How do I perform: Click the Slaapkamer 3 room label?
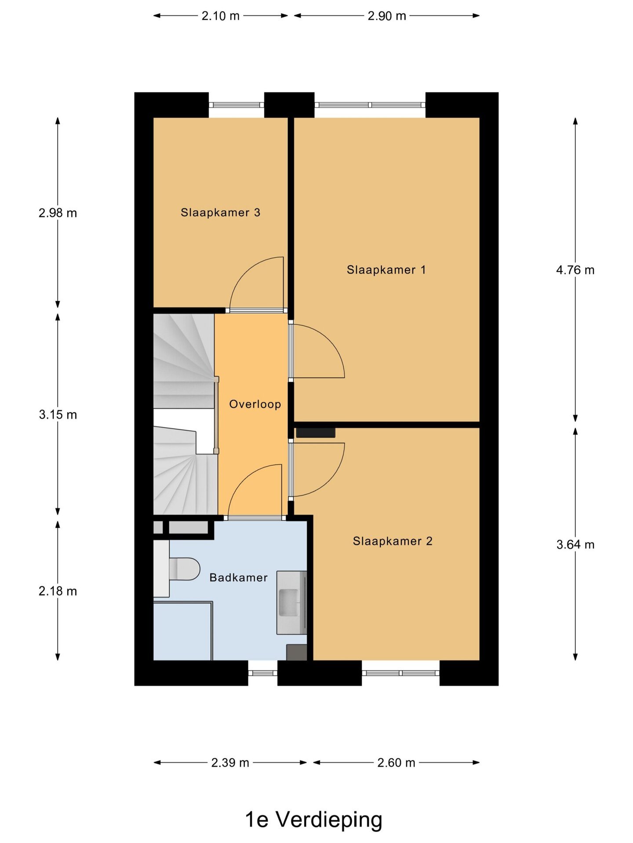pos(220,213)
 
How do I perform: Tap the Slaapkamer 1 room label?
pos(386,270)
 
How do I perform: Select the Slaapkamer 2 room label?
pos(393,541)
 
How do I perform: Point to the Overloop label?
pos(255,404)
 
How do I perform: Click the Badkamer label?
pos(238,577)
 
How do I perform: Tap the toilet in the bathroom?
pos(184,569)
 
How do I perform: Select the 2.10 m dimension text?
pos(221,16)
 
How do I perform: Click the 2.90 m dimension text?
pos(387,16)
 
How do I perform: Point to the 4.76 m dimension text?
pos(575,270)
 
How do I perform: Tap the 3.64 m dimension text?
pos(575,544)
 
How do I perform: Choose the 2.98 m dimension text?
pos(58,213)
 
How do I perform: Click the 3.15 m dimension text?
pos(58,414)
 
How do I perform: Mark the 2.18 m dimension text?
pos(58,591)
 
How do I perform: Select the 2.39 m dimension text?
pos(230,763)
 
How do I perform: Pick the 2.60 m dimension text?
pos(396,763)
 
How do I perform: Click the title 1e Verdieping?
pos(313,820)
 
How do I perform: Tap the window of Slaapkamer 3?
pos(236,105)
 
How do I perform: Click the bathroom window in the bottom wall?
pos(263,673)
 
